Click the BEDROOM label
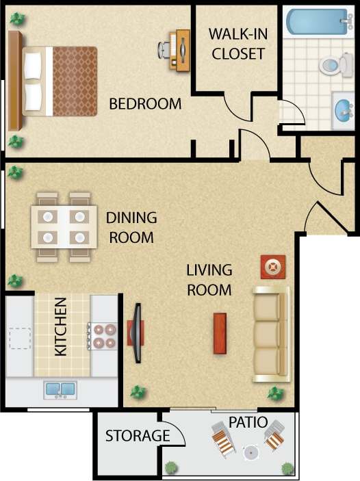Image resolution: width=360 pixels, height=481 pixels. click(145, 104)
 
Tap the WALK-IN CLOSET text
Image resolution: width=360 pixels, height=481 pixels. click(237, 44)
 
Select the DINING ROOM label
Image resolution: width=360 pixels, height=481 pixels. click(131, 228)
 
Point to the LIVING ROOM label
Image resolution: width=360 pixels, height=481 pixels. click(209, 280)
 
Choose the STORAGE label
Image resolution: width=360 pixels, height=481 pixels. click(137, 436)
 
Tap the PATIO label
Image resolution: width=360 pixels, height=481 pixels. click(248, 422)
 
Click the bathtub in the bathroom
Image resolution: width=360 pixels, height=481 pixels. click(318, 23)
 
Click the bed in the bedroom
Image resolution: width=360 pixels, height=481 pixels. click(55, 81)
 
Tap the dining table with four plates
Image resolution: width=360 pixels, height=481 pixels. click(63, 227)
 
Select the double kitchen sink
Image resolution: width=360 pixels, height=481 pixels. click(60, 390)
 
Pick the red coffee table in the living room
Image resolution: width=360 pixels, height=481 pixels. click(220, 333)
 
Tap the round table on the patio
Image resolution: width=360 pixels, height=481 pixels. click(250, 453)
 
